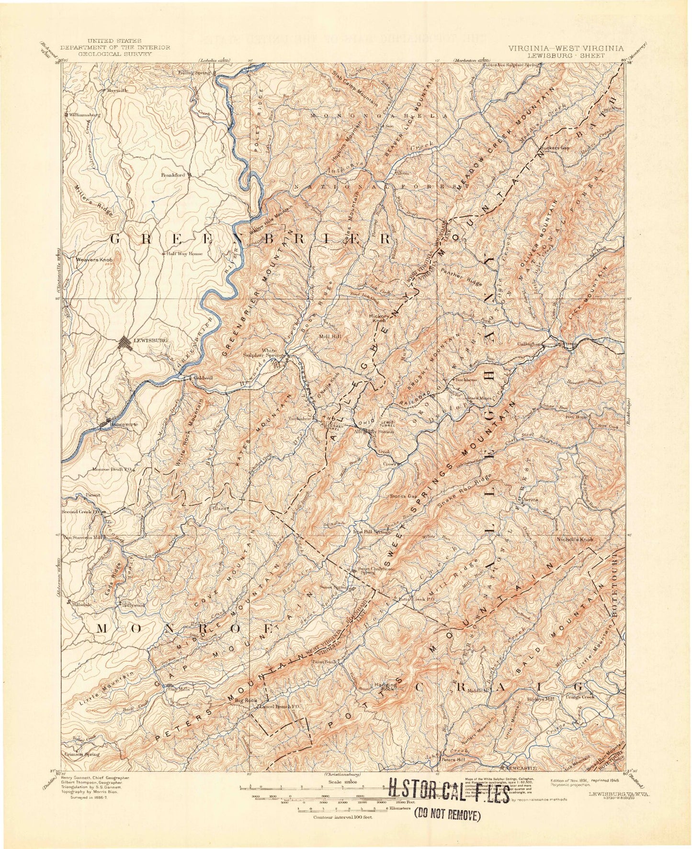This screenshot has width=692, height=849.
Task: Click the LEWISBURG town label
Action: click(x=150, y=340)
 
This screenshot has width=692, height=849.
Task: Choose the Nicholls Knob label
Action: click(x=575, y=540)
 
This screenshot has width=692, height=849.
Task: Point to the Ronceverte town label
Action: click(x=125, y=424)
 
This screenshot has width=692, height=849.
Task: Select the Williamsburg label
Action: click(x=84, y=115)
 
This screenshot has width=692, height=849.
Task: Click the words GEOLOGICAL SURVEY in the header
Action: click(x=115, y=54)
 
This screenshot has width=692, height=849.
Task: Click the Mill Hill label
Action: click(x=330, y=337)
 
